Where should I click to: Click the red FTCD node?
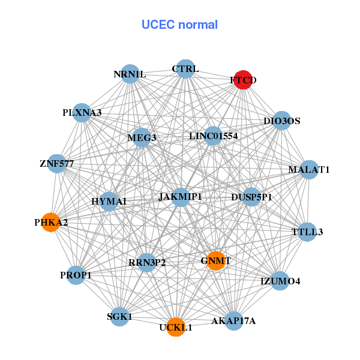click(x=242, y=80)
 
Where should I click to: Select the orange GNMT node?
click(x=215, y=261)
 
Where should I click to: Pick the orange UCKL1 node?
click(x=175, y=327)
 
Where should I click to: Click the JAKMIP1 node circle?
click(x=181, y=197)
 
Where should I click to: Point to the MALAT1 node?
click(x=309, y=170)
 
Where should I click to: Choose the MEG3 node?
click(x=142, y=137)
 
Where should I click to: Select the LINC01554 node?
click(x=213, y=136)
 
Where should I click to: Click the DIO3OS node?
click(x=281, y=121)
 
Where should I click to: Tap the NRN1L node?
click(x=130, y=74)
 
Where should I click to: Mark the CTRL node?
click(x=185, y=69)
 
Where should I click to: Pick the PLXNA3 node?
click(x=82, y=112)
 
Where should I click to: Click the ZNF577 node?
click(x=57, y=163)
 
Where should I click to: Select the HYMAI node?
click(x=109, y=202)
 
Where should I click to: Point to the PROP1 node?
click(x=76, y=275)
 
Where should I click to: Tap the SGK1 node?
click(x=119, y=316)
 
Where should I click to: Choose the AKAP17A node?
click(x=233, y=320)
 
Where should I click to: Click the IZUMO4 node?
click(x=280, y=281)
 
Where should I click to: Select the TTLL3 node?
click(x=307, y=232)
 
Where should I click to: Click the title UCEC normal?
click(x=179, y=25)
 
